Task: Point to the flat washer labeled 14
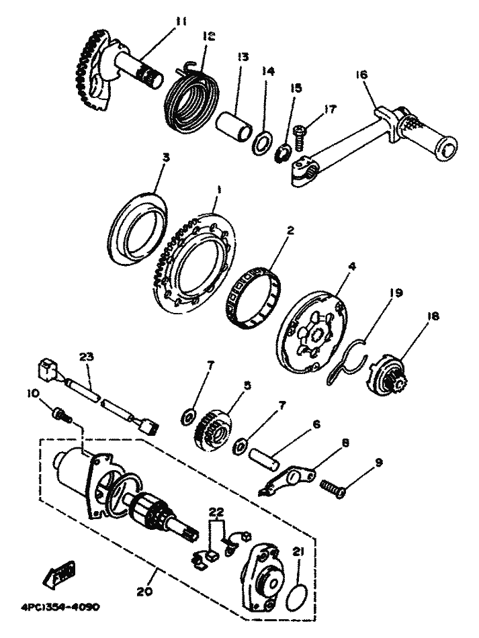click(261, 143)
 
